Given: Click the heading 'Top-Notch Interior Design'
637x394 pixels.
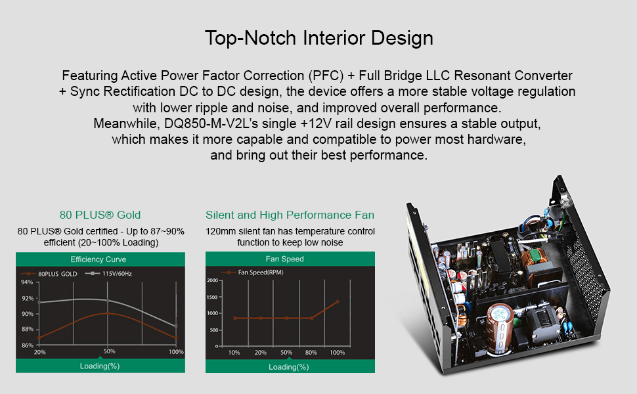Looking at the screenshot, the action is pyautogui.click(x=319, y=38).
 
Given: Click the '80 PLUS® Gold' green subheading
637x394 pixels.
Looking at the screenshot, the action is pyautogui.click(x=100, y=215).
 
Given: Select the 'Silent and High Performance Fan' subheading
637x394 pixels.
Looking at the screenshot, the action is pyautogui.click(x=290, y=215).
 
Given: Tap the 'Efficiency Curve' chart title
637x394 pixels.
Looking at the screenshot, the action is pyautogui.click(x=99, y=259).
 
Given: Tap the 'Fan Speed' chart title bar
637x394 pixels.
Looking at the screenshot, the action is pyautogui.click(x=290, y=259).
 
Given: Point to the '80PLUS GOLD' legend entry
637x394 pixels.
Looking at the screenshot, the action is pyautogui.click(x=49, y=274).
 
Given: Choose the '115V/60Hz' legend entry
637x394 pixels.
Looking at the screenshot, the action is pyautogui.click(x=109, y=273).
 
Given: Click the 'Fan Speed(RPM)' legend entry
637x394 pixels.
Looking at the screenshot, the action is pyautogui.click(x=253, y=272).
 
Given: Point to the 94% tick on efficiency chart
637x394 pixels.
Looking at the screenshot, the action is pyautogui.click(x=27, y=282).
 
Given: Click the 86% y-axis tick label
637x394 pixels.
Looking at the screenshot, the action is pyautogui.click(x=27, y=345).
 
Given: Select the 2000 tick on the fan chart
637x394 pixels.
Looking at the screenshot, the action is pyautogui.click(x=213, y=280).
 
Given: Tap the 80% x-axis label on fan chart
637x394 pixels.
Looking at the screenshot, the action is pyautogui.click(x=311, y=353).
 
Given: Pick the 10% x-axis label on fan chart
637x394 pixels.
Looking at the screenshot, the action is pyautogui.click(x=234, y=353).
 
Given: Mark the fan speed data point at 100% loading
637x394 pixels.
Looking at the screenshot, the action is pyautogui.click(x=338, y=302).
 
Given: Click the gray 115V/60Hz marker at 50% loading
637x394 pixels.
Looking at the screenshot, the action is pyautogui.click(x=108, y=301).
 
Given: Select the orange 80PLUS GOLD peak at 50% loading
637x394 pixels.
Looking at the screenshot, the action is pyautogui.click(x=108, y=313).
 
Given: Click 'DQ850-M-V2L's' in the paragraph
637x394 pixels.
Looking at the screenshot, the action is pyautogui.click(x=211, y=123).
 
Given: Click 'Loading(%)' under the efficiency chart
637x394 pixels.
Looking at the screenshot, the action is pyautogui.click(x=100, y=366).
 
